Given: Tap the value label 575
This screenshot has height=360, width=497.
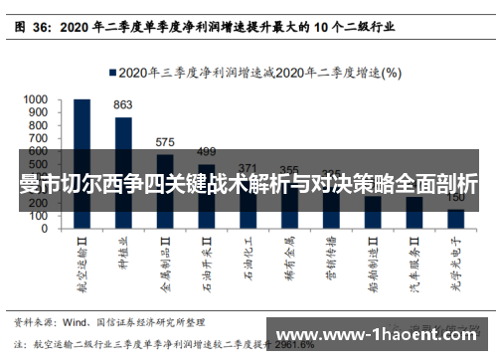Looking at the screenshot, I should [165, 142].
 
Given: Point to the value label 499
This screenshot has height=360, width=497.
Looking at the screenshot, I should [206, 152].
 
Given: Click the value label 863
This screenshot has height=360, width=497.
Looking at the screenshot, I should [123, 105].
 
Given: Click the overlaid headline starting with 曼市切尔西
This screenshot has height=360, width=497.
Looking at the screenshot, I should [248, 184].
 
